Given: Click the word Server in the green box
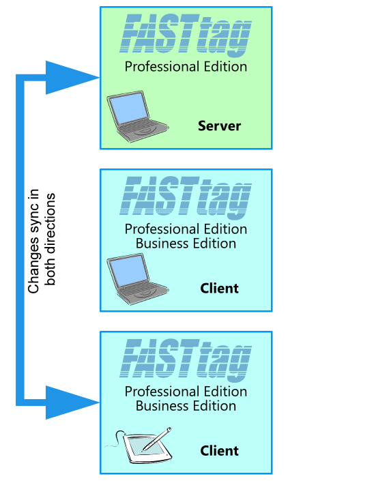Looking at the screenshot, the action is [x=219, y=126].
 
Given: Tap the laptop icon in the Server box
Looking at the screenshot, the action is [x=137, y=117].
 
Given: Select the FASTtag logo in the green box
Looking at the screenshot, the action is [x=186, y=35].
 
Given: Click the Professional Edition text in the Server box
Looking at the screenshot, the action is [x=186, y=67].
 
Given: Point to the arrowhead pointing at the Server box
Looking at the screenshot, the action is [x=73, y=78].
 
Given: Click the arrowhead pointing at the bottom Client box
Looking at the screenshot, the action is [x=73, y=402].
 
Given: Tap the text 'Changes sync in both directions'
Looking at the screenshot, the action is [x=42, y=241].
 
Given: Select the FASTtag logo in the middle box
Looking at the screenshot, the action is [x=186, y=197].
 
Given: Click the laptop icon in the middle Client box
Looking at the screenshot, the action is [x=137, y=279].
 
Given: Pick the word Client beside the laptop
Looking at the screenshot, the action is [x=219, y=289].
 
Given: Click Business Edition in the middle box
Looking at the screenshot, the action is [x=186, y=244].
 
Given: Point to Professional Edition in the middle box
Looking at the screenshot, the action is [x=186, y=229].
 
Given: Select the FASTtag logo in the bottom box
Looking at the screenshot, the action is [x=186, y=360].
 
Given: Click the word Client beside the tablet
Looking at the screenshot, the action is [x=219, y=451].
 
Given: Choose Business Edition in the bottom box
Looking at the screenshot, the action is [x=186, y=406].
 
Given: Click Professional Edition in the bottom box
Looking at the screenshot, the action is [x=186, y=392].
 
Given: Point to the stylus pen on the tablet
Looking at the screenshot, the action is [x=156, y=439].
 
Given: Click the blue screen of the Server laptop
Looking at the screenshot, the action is [x=128, y=108].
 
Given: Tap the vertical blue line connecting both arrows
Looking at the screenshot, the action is [x=20, y=240].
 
